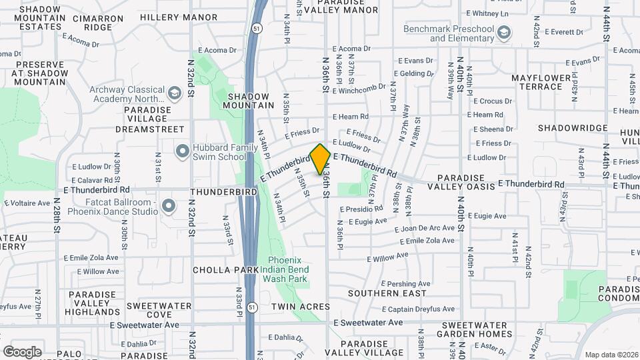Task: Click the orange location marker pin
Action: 320,159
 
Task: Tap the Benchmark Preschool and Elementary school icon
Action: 505,32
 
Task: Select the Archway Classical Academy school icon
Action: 175,94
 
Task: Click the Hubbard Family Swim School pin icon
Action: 182,151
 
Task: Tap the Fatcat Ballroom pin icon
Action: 169,207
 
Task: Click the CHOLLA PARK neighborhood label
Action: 225,270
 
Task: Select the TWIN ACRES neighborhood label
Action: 300,307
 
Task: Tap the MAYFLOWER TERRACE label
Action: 542,83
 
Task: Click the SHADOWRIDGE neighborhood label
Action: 573,128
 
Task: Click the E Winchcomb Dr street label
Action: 359,88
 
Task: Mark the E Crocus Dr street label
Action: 492,101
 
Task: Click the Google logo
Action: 22,351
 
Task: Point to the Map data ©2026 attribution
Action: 611,355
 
